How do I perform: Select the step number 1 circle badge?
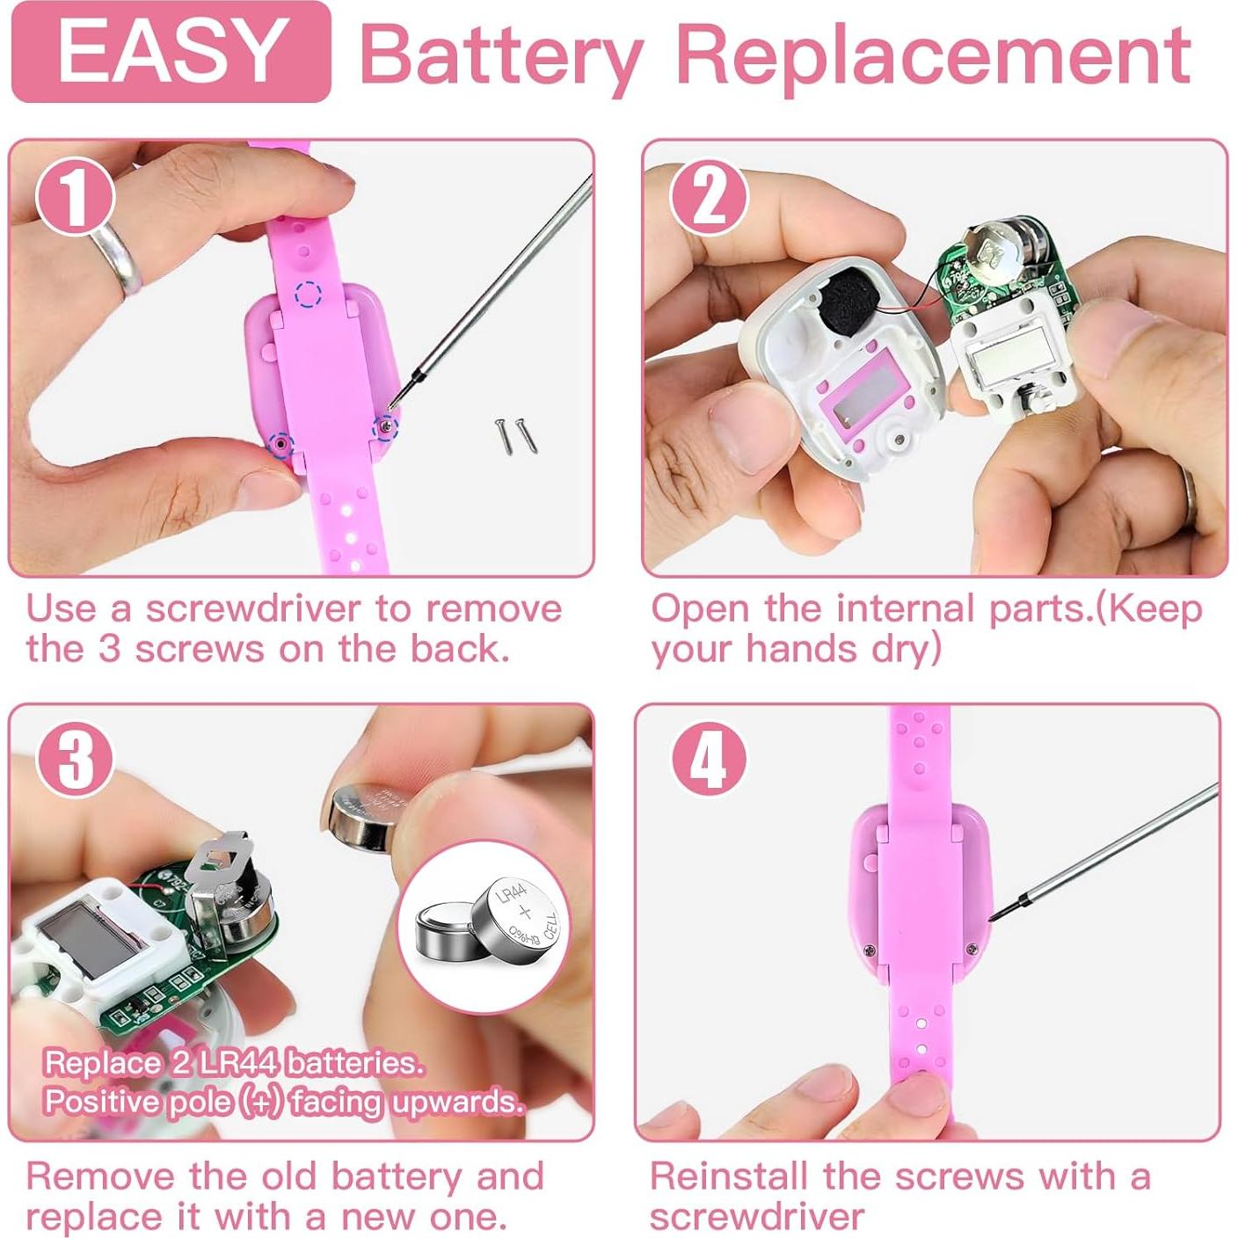(x=75, y=197)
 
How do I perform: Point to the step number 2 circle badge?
(x=710, y=198)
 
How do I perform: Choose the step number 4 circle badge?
(x=709, y=762)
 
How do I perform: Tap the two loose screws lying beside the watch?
(x=516, y=435)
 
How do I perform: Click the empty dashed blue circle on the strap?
(x=309, y=294)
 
